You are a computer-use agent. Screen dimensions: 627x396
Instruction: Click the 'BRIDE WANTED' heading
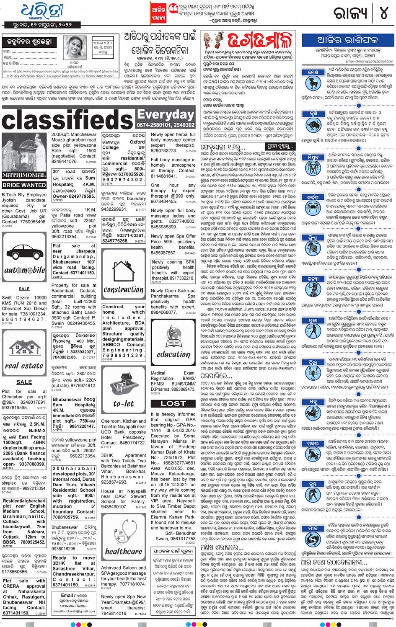[x=24, y=185]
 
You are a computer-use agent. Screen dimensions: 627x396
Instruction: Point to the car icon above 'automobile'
[x=24, y=251]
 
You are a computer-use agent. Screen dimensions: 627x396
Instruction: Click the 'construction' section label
[x=123, y=290]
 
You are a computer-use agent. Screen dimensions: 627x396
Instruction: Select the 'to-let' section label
[x=123, y=404]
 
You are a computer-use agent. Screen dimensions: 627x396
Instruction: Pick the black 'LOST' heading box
[x=173, y=403]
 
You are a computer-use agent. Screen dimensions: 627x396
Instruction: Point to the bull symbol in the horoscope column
[x=313, y=124]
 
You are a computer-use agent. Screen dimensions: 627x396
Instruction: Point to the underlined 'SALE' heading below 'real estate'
[x=24, y=382]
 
